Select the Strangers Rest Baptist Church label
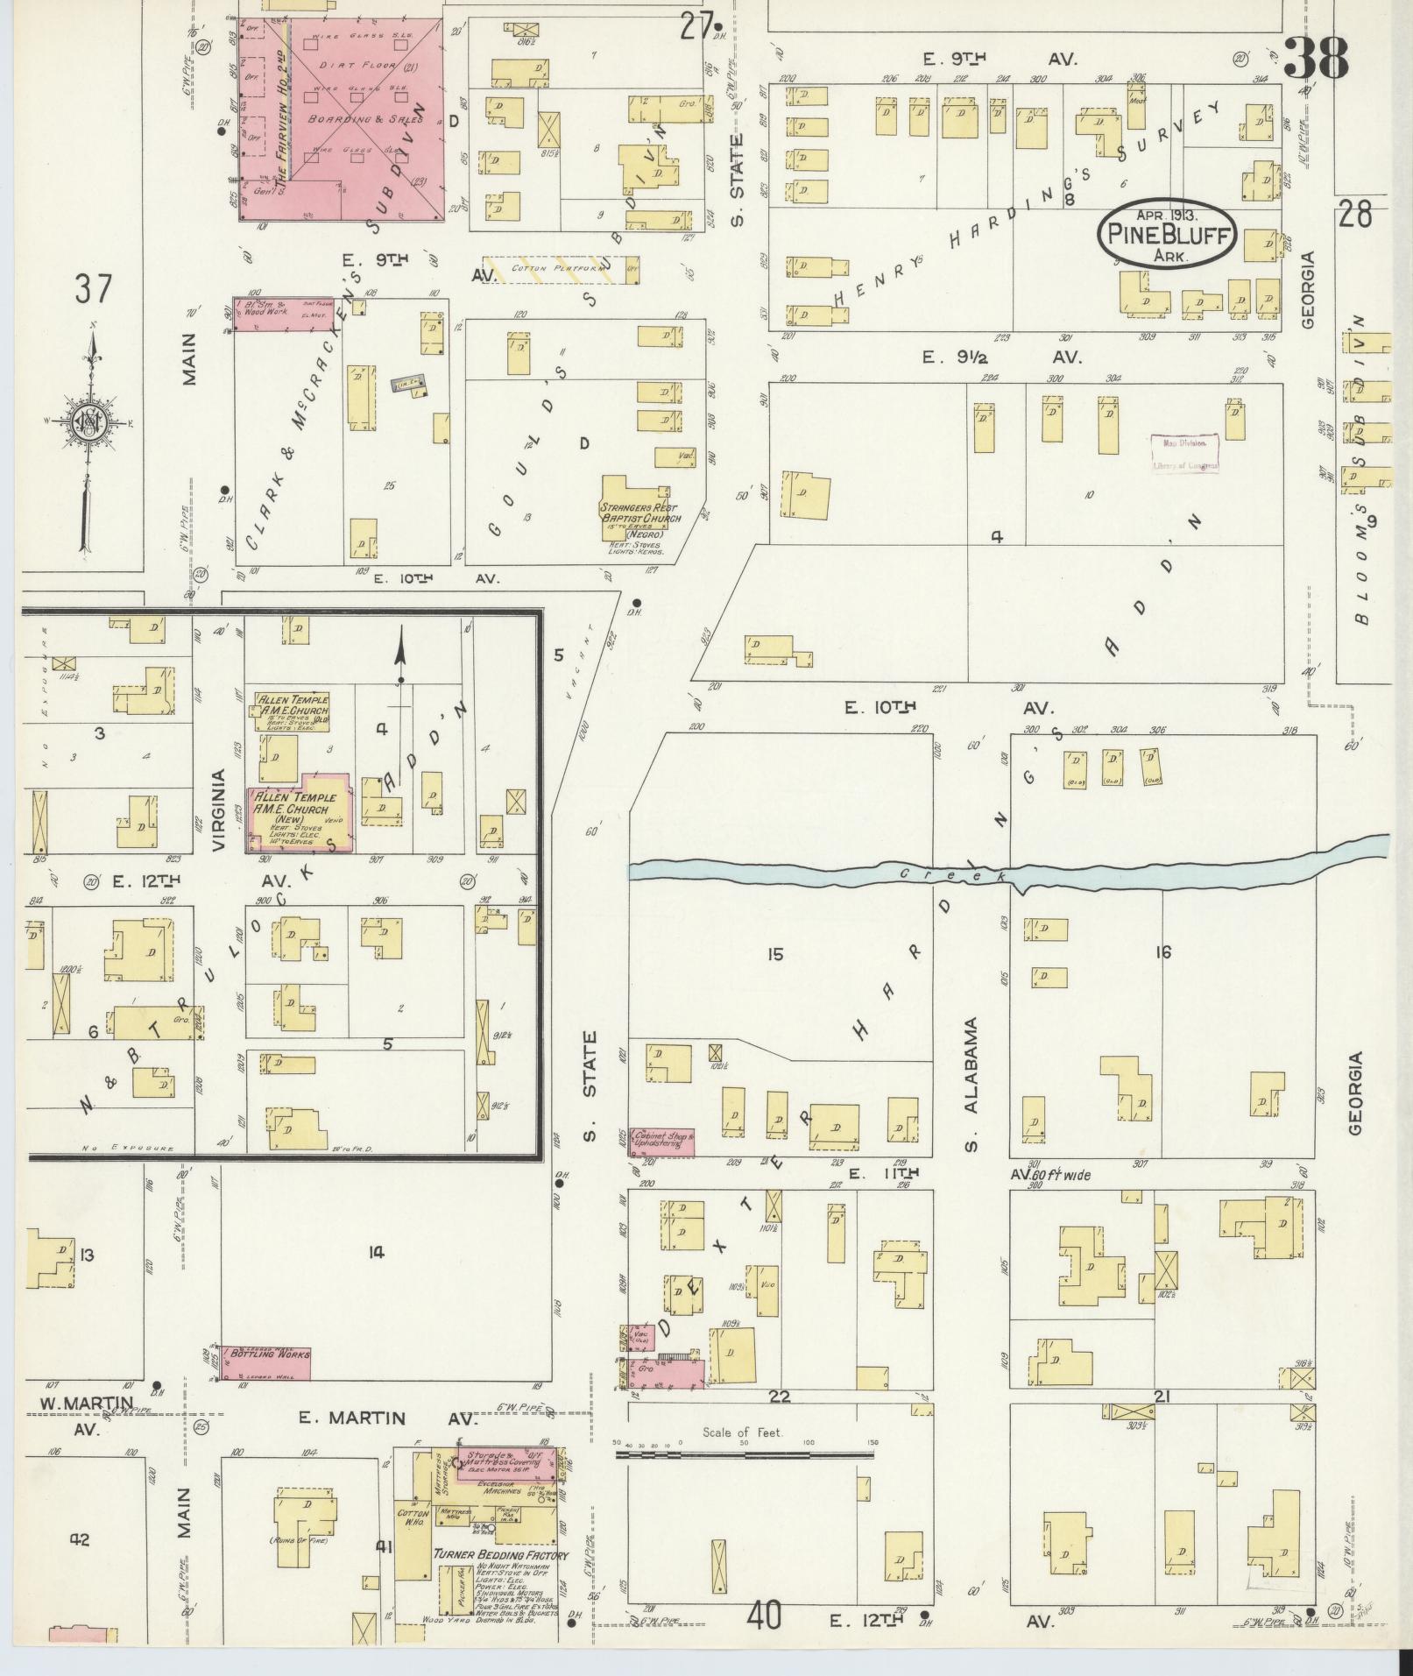(x=640, y=513)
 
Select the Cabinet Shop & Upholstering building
(x=662, y=1142)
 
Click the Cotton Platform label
(x=552, y=268)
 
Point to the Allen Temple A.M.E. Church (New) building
(x=300, y=811)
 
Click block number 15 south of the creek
(x=774, y=953)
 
